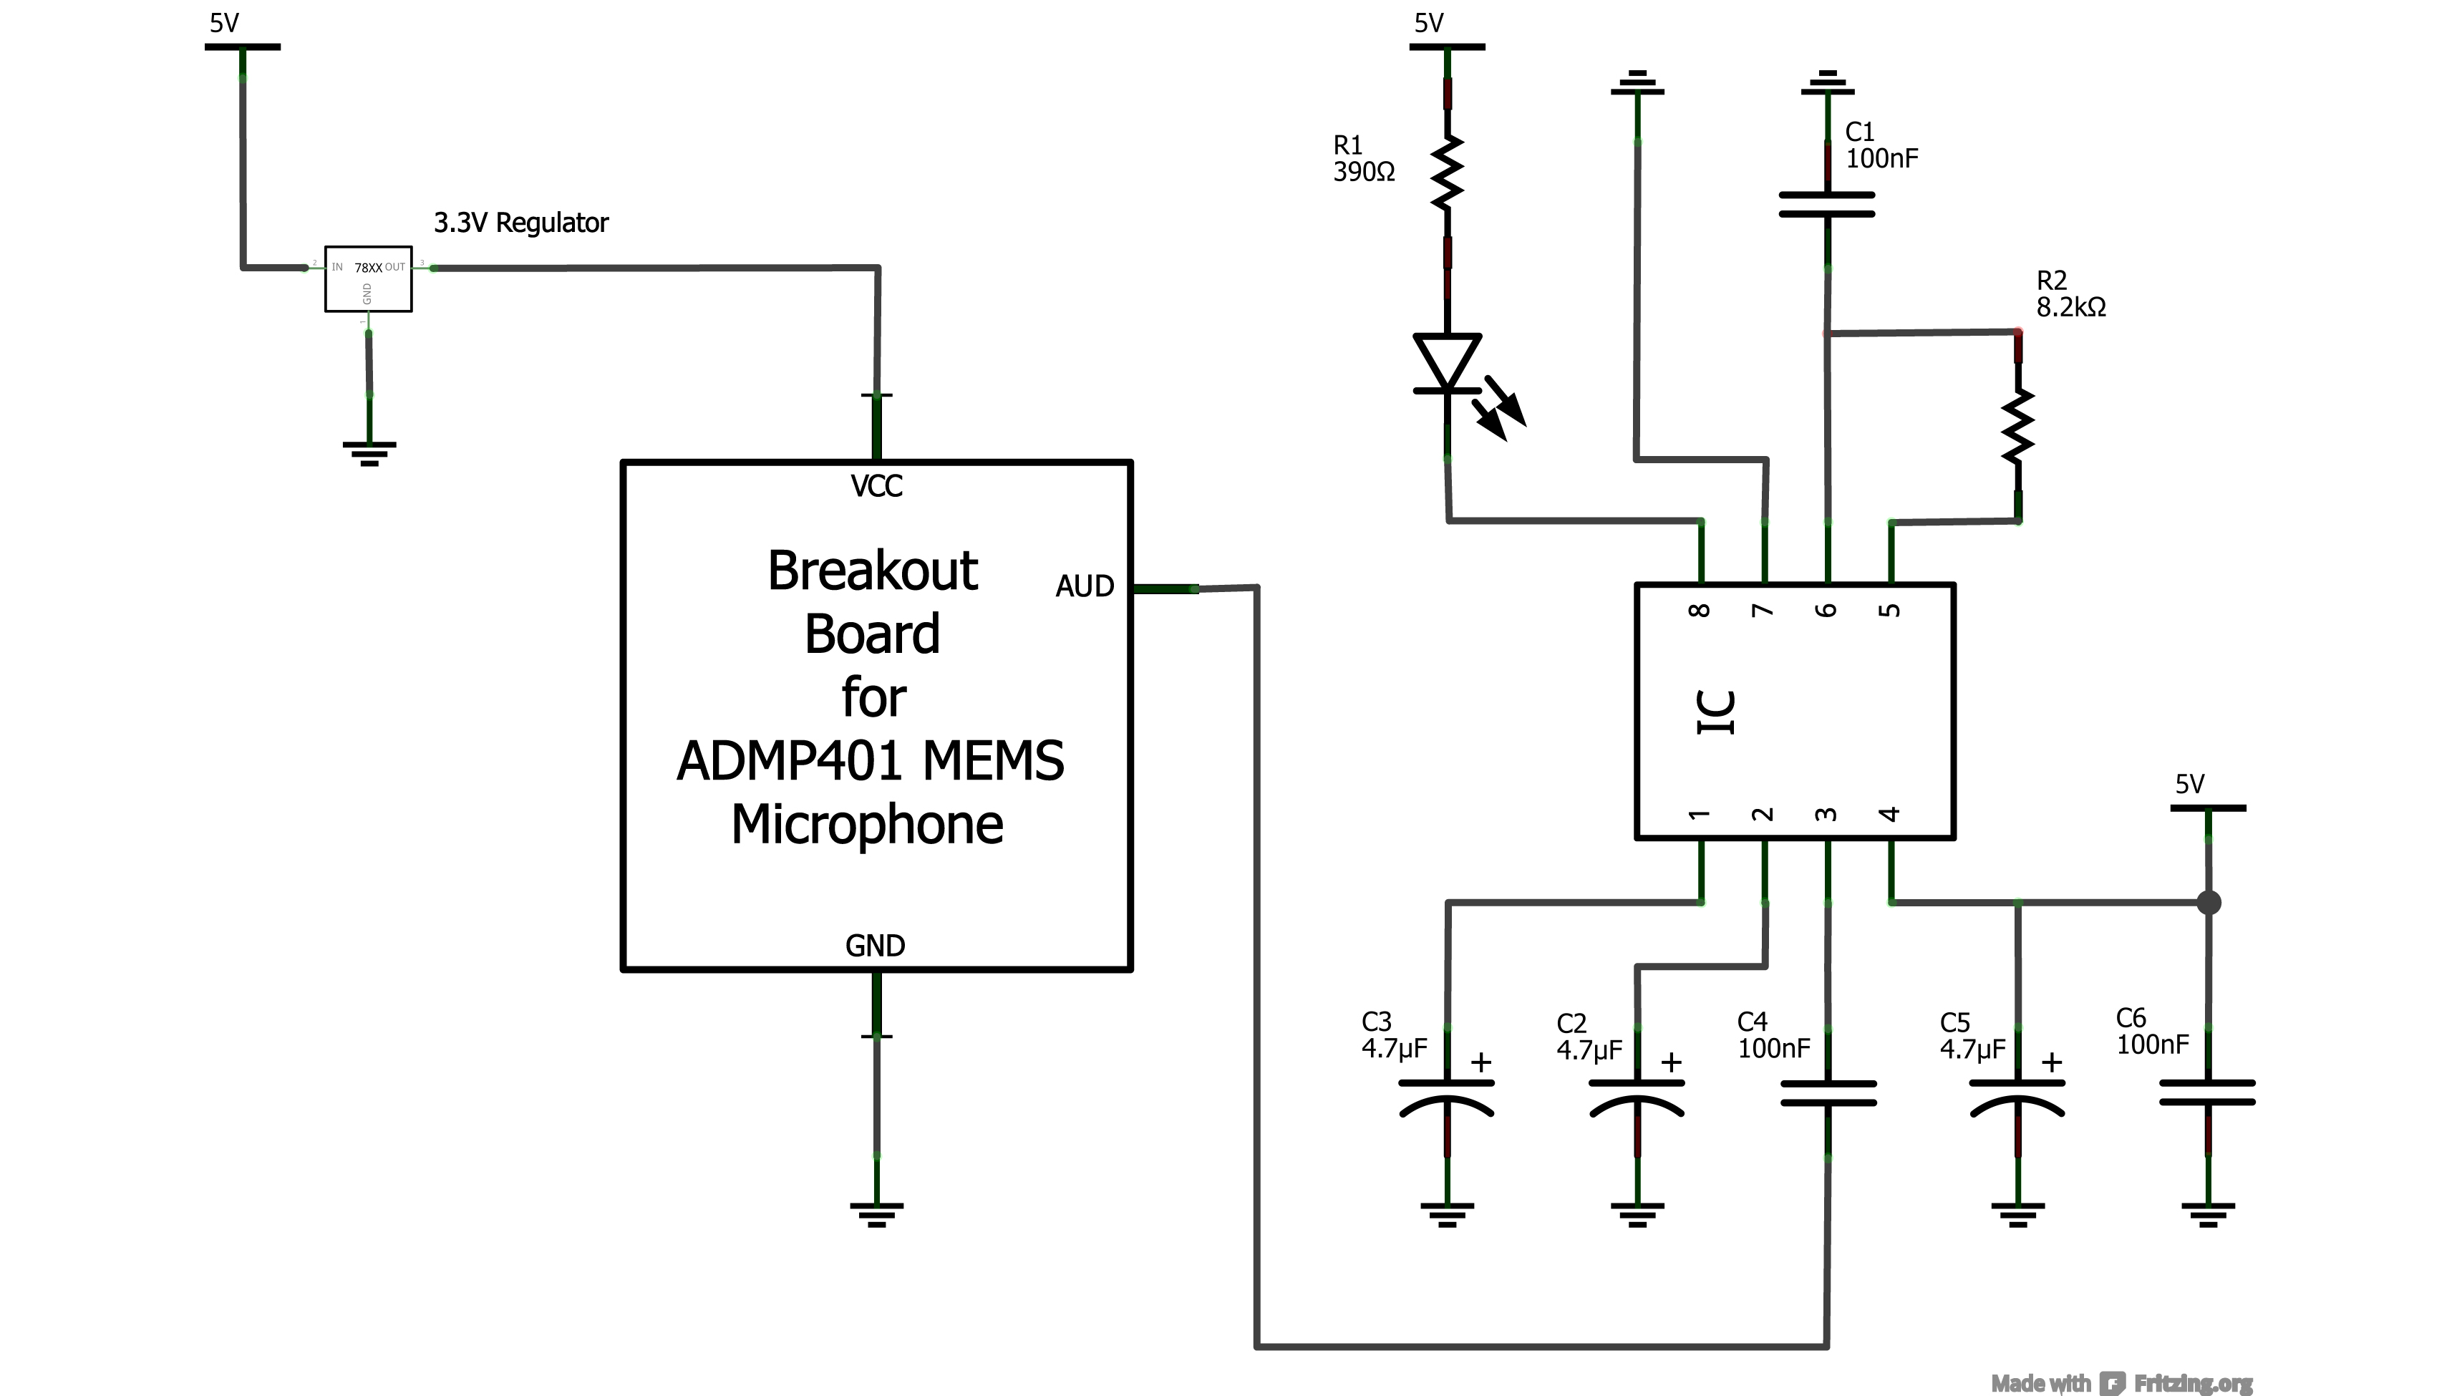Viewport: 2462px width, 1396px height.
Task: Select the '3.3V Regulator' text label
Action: [x=520, y=223]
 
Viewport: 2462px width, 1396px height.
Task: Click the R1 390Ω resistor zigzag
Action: [x=1447, y=173]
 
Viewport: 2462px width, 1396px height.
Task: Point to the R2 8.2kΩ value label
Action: [x=2071, y=307]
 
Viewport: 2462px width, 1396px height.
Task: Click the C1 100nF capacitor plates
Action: [x=1826, y=204]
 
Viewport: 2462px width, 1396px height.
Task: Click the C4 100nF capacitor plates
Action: [x=1827, y=1093]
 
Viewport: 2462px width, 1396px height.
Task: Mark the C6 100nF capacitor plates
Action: [x=2207, y=1093]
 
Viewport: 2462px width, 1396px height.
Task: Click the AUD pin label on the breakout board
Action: [x=1085, y=586]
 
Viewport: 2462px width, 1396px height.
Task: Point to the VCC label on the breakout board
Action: [x=876, y=486]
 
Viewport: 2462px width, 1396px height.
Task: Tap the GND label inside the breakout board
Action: [x=874, y=946]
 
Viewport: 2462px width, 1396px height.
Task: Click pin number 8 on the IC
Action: [x=1700, y=610]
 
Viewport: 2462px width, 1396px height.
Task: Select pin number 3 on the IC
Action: [x=1826, y=814]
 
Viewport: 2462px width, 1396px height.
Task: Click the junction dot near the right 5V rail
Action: [x=2208, y=902]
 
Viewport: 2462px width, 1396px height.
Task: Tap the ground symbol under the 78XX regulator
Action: [x=369, y=453]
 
